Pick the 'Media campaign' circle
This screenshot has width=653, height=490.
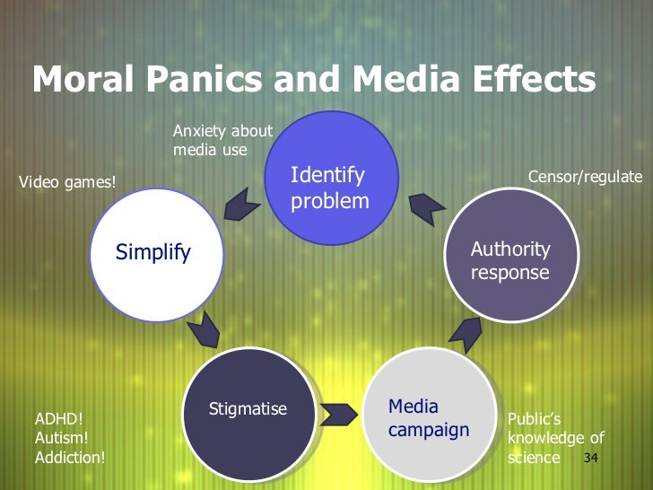(429, 417)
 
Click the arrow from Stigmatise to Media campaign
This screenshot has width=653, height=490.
(338, 416)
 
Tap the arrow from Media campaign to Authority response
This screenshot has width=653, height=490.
(465, 334)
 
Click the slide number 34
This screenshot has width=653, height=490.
(590, 459)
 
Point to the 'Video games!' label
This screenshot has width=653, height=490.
(67, 183)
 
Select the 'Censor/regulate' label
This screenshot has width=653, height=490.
(585, 176)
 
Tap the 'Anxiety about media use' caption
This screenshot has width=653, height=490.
(222, 141)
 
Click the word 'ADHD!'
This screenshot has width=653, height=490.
(57, 418)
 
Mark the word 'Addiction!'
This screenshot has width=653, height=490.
(70, 458)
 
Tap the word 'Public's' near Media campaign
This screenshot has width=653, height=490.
(534, 418)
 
